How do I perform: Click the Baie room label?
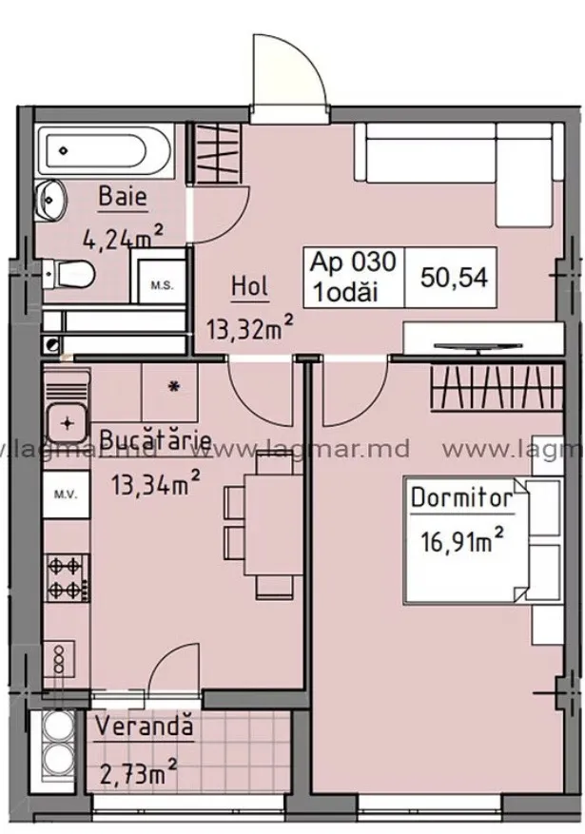click(123, 198)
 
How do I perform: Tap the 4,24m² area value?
click(123, 237)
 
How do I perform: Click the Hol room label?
click(250, 286)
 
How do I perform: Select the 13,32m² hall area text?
click(250, 328)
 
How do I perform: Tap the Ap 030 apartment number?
click(354, 262)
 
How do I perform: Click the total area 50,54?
click(454, 277)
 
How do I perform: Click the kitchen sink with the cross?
click(67, 424)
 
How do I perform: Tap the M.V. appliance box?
click(66, 495)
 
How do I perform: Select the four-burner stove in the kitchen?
click(67, 576)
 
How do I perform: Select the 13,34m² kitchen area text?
click(155, 484)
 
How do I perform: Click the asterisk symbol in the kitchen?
click(173, 387)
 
